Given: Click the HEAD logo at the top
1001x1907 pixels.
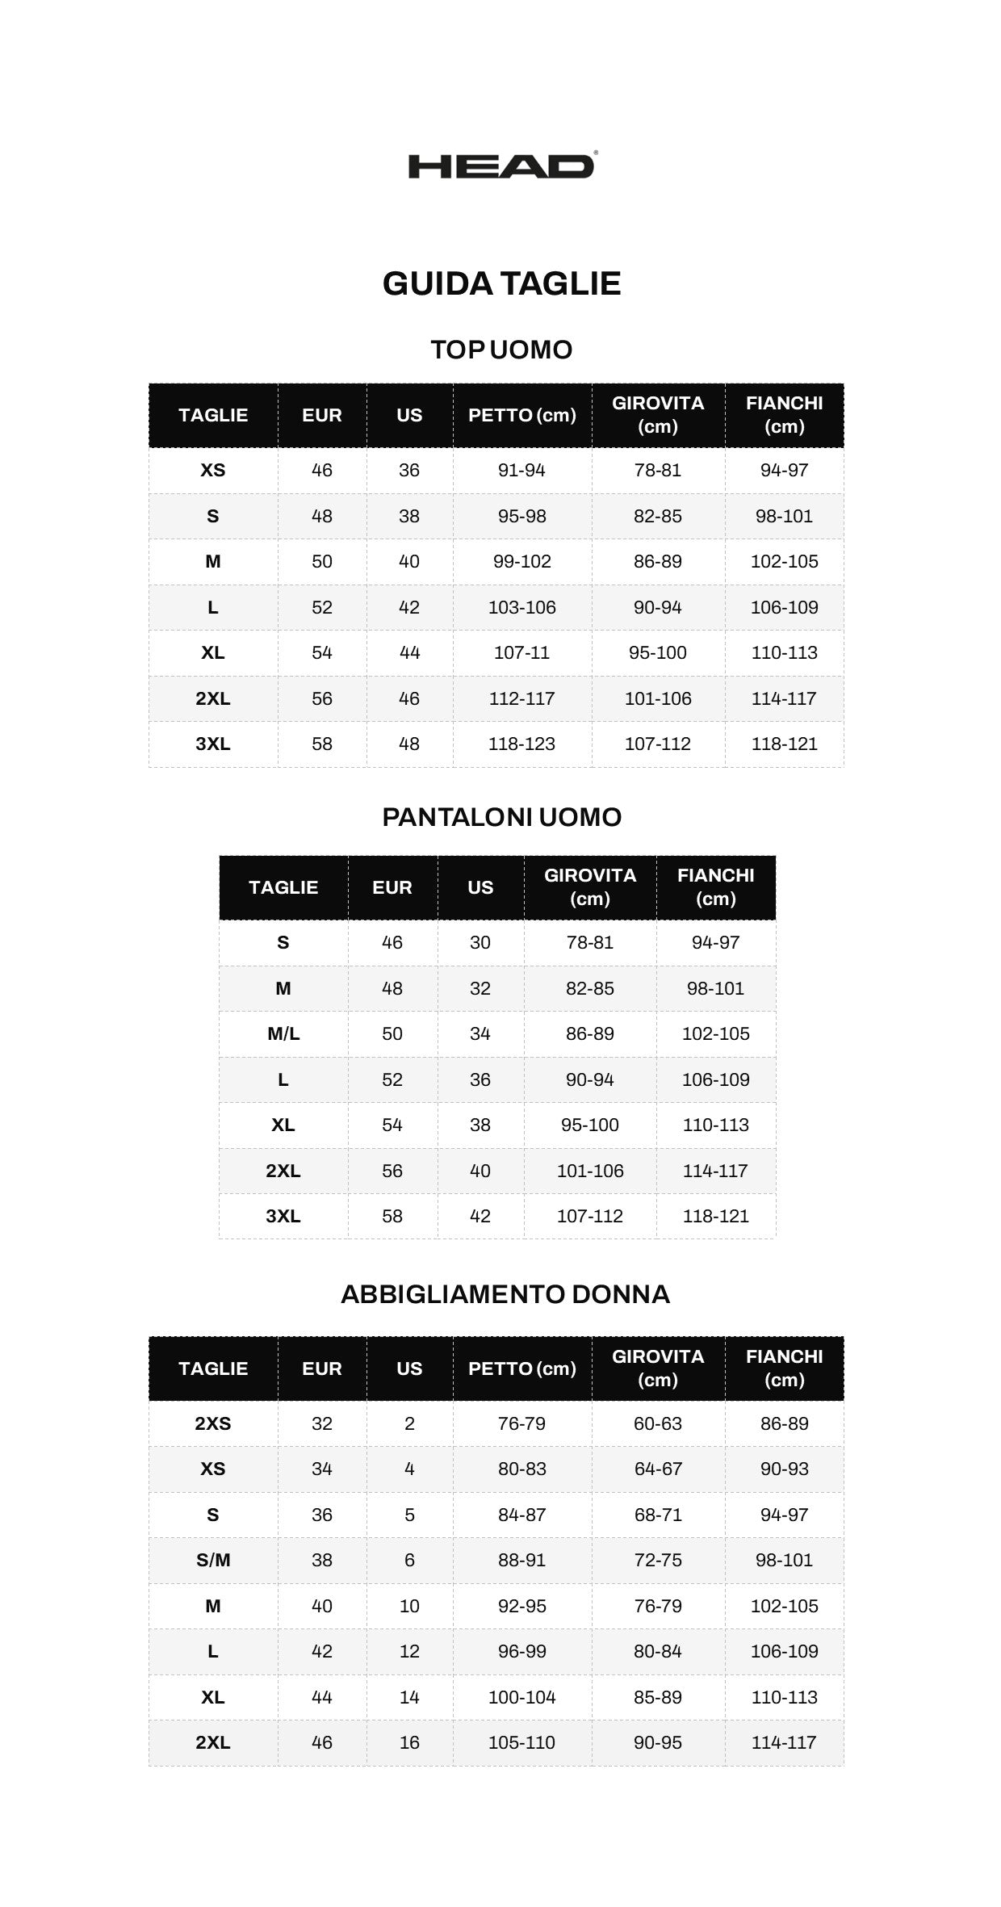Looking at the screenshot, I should click(x=501, y=166).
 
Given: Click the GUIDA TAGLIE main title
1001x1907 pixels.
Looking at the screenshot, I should click(x=501, y=283).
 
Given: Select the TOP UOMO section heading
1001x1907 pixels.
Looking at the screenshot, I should click(x=501, y=350).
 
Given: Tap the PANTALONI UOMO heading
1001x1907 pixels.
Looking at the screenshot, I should click(x=501, y=817).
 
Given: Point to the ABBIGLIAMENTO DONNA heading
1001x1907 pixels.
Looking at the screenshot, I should click(x=505, y=1294).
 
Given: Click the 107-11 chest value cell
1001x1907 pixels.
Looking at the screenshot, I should click(x=521, y=652).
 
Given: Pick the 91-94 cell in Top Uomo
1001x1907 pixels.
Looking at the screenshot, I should click(x=521, y=470).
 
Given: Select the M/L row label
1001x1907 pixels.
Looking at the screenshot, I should click(x=283, y=1033).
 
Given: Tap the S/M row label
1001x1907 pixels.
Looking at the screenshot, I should click(x=213, y=1560).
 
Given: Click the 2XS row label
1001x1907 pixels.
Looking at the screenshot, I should click(x=213, y=1423).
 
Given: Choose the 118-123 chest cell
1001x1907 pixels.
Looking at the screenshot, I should click(x=521, y=744).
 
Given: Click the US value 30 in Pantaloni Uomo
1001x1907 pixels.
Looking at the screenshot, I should click(x=480, y=942).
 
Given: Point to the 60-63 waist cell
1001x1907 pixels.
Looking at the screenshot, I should click(x=658, y=1423).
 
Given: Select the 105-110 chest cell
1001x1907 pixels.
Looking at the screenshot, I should click(x=521, y=1742).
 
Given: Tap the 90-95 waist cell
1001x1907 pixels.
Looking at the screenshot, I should click(x=658, y=1742).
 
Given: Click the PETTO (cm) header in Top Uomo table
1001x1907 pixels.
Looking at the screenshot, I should click(x=521, y=415).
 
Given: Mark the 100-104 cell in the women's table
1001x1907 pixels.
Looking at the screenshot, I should click(x=521, y=1697).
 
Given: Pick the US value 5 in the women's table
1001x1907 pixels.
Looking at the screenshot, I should click(x=409, y=1515).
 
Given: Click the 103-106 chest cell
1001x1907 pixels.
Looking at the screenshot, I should click(x=521, y=607).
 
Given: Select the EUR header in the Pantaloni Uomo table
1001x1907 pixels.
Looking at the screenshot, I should click(x=392, y=887).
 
